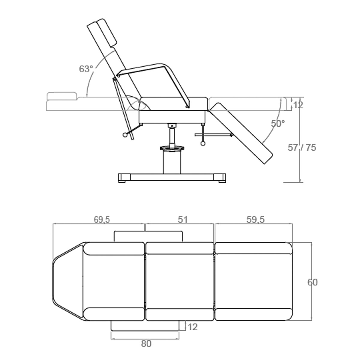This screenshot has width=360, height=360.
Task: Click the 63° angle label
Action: pyautogui.click(x=86, y=69)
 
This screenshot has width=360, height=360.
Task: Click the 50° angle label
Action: pyautogui.click(x=278, y=124)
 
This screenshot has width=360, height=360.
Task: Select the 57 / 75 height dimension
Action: pyautogui.click(x=302, y=148)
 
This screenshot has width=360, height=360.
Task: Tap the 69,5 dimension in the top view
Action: pyautogui.click(x=102, y=220)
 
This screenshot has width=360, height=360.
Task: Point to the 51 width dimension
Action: pyautogui.click(x=182, y=220)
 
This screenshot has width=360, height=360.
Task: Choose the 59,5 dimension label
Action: pyautogui.click(x=256, y=220)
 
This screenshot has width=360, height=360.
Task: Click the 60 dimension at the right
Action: pyautogui.click(x=312, y=282)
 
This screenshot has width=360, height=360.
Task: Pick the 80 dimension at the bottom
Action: pyautogui.click(x=146, y=344)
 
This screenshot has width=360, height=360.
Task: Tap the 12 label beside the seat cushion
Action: pyautogui.click(x=298, y=105)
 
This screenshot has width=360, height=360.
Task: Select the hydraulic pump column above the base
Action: pyautogui.click(x=172, y=162)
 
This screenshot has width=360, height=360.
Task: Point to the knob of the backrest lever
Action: pyautogui.click(x=125, y=136)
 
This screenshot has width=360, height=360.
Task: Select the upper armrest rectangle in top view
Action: pyautogui.click(x=148, y=236)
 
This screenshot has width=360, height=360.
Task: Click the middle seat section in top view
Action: pyautogui.click(x=179, y=282)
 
